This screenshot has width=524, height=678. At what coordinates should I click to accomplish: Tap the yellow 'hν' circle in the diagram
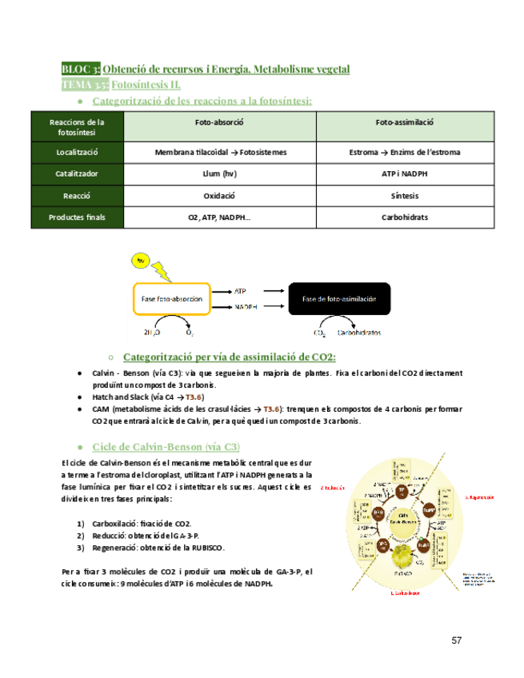142,261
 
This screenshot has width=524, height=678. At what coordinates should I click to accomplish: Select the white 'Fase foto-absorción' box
171,299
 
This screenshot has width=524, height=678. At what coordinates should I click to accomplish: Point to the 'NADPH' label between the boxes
245,306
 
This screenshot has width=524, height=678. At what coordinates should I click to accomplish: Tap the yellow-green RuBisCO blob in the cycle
407,555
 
